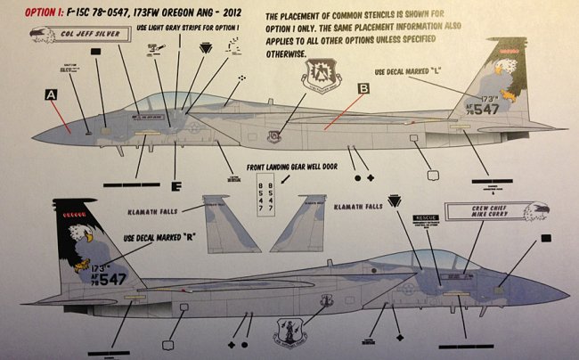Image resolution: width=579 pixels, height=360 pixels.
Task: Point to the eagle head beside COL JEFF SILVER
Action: click(34, 36)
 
